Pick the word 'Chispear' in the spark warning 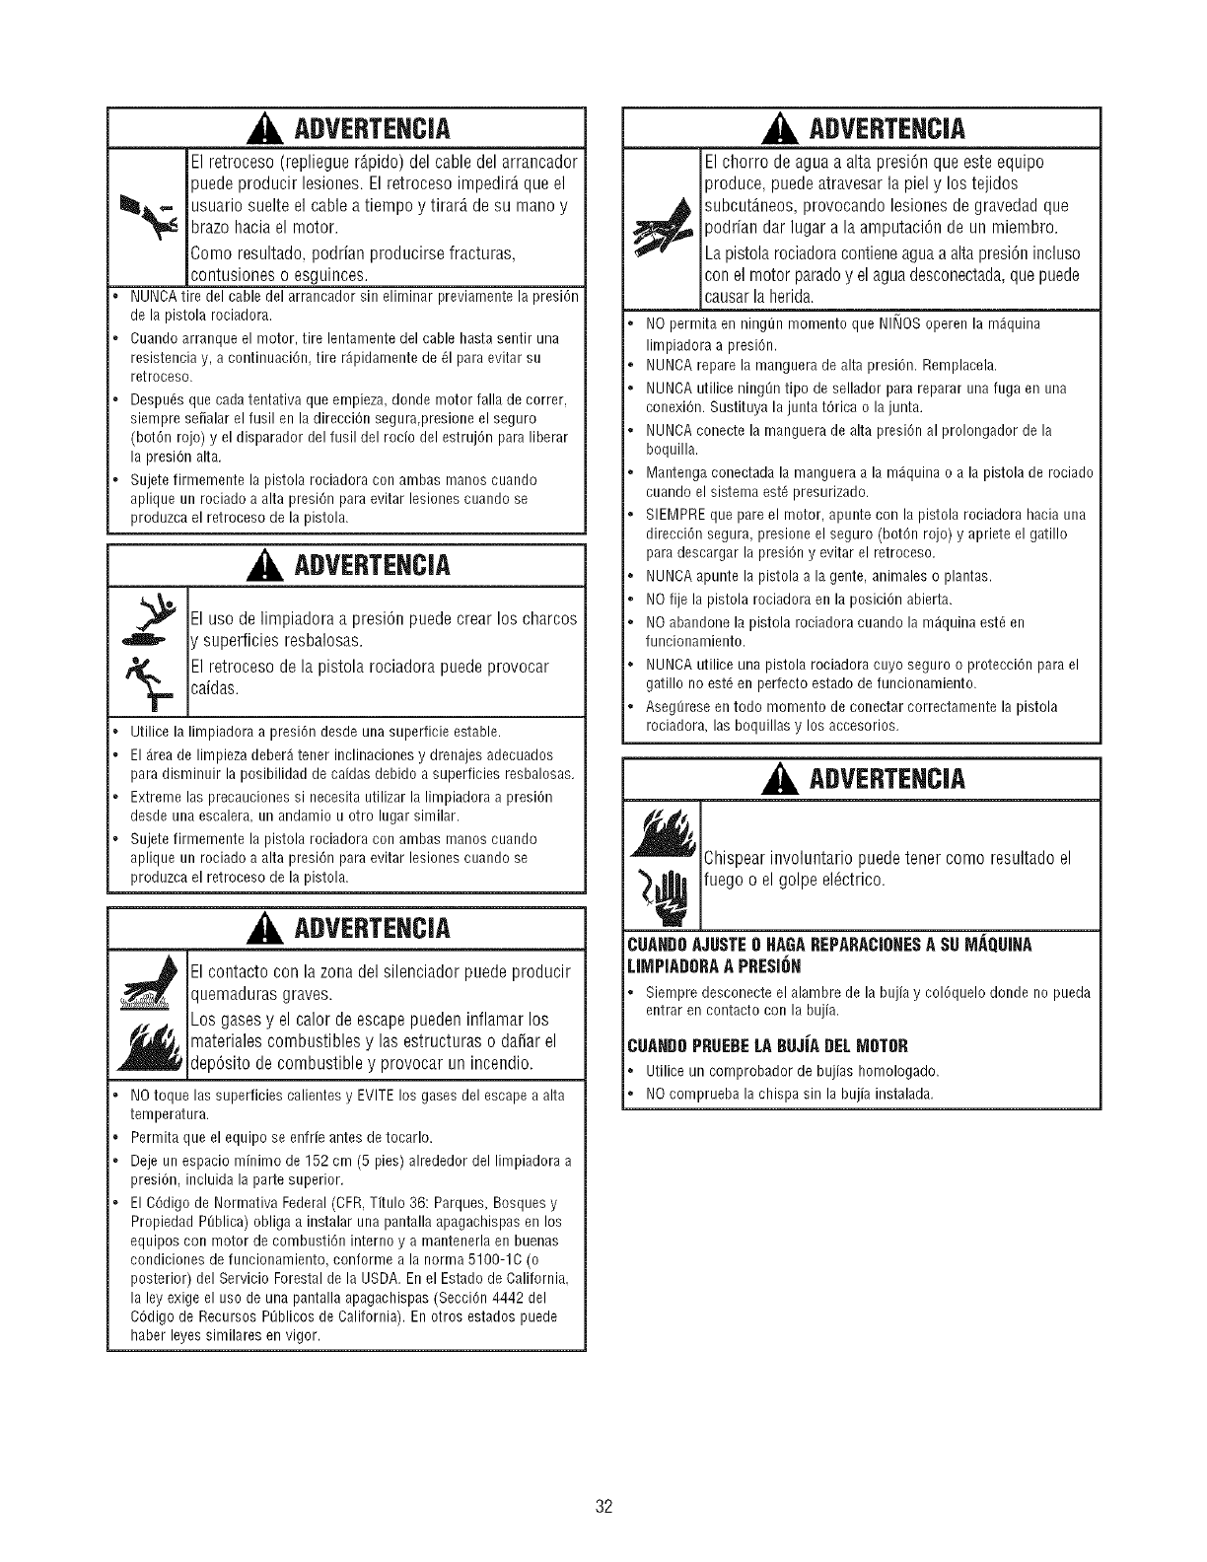742,855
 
